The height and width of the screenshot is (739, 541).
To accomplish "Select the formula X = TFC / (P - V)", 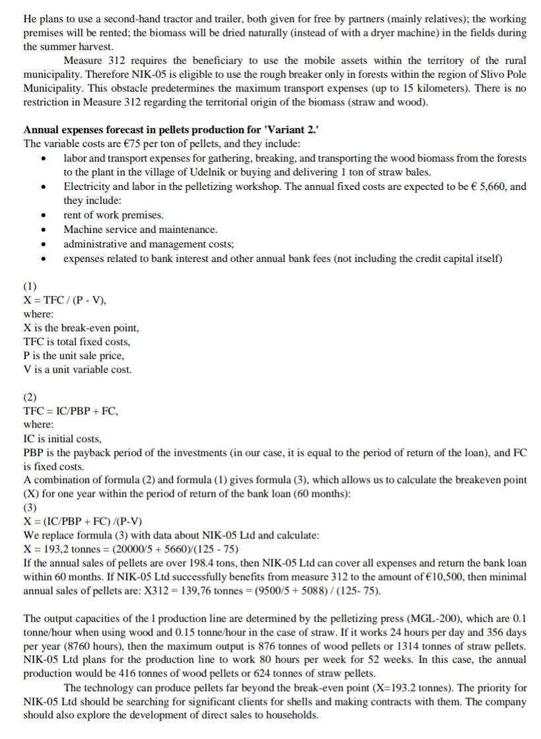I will (65, 300).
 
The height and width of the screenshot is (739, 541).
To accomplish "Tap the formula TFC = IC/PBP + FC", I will (71, 410).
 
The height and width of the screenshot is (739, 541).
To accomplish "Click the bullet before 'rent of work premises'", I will (44, 216).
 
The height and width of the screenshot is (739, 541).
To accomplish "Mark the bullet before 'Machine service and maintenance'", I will (44, 230).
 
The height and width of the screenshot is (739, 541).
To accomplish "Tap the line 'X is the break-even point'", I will (81, 328).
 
